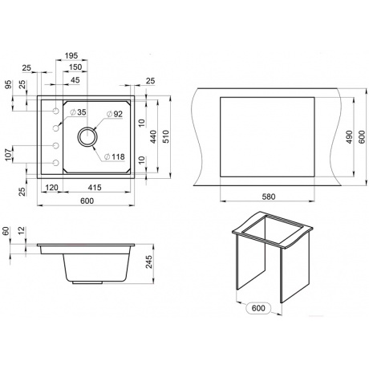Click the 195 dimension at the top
click(x=71, y=55)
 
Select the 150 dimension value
click(x=75, y=67)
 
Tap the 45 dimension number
click(x=75, y=80)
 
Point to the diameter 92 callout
click(x=115, y=114)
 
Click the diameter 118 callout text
click(x=115, y=156)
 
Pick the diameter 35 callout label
click(x=78, y=112)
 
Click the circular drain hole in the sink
click(x=87, y=137)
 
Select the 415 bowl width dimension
click(x=95, y=188)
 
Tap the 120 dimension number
click(x=51, y=188)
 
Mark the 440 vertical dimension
click(x=153, y=136)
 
